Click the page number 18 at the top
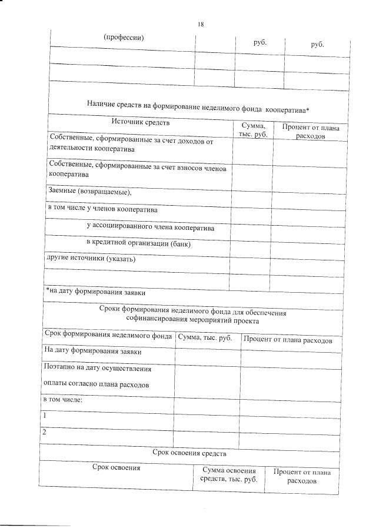201,24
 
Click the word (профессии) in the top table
124,37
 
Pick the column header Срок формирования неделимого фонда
108,337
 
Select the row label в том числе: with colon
63,400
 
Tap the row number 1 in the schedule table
45,416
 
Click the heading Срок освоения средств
189,453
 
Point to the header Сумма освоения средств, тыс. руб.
229,476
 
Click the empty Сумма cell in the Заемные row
251,192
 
